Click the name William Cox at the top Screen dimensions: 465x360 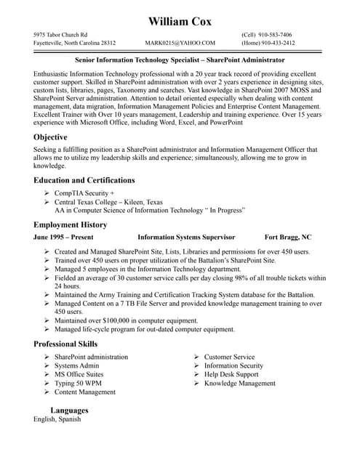[x=180, y=21]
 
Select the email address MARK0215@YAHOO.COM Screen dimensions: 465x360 [x=180, y=43]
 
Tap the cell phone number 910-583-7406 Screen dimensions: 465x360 [x=276, y=34]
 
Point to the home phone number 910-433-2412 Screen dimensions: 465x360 [x=279, y=43]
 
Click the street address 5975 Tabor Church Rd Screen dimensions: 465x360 [x=60, y=34]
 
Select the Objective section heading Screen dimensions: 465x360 [x=50, y=137]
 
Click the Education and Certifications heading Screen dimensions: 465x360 [x=84, y=179]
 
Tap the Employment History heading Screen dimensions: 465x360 [x=70, y=225]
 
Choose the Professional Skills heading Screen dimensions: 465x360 [x=65, y=344]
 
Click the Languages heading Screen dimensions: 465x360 [x=69, y=411]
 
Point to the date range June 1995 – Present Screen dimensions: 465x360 [x=63, y=237]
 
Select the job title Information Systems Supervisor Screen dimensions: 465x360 [x=186, y=237]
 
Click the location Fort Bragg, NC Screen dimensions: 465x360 [x=287, y=237]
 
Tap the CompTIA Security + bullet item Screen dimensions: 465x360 [x=84, y=193]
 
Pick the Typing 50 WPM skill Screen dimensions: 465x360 [x=78, y=383]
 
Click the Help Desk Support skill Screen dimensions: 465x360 [x=231, y=374]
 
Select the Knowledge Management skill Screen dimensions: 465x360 [x=239, y=383]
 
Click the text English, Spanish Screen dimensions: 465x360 [x=57, y=419]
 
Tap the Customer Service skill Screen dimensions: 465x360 [x=229, y=357]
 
